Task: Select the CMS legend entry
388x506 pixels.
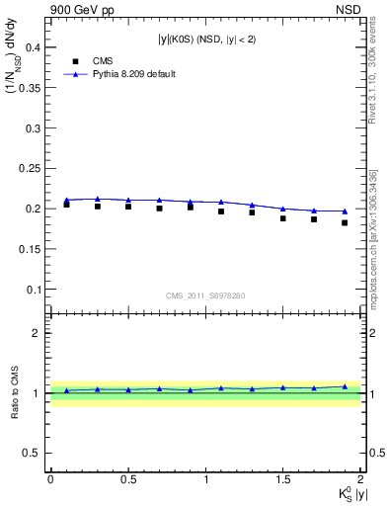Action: [x=85, y=59]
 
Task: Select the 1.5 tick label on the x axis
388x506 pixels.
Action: [x=283, y=479]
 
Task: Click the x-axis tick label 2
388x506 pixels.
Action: [x=360, y=479]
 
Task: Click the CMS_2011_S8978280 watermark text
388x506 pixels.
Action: [x=205, y=295]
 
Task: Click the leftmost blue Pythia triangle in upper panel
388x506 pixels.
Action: [x=66, y=200]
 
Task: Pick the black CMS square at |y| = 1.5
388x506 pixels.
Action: [x=283, y=218]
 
